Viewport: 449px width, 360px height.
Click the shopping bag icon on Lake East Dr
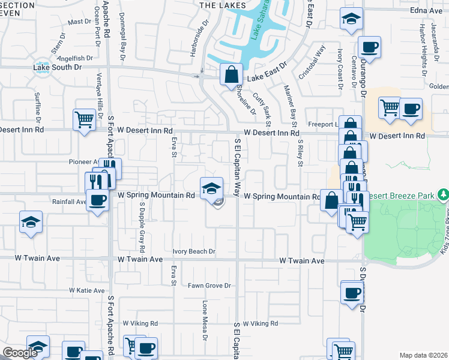(231, 75)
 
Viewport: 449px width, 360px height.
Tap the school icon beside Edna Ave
(351, 19)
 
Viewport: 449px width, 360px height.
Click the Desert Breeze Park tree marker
(443, 194)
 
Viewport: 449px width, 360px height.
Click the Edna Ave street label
(426, 11)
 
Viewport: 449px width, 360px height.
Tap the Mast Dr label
(79, 22)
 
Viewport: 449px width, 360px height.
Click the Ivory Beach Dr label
(193, 252)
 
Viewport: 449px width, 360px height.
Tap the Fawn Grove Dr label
(209, 286)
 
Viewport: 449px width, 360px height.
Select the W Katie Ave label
(87, 290)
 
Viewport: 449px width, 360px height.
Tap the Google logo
(20, 353)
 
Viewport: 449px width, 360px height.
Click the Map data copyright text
(423, 355)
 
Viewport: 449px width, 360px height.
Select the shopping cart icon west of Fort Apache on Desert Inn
(84, 120)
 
